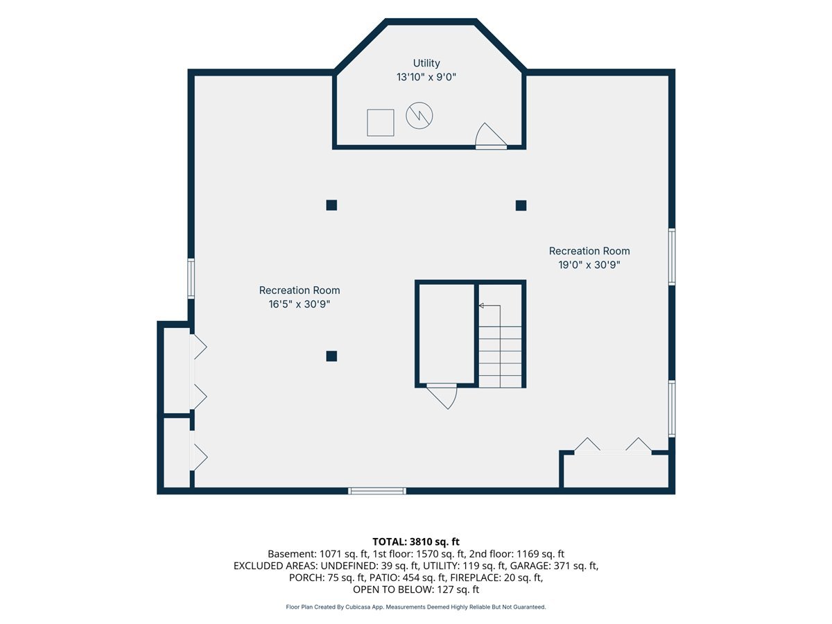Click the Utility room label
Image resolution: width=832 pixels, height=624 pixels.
[x=426, y=63]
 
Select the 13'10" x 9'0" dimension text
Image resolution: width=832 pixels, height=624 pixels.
[x=426, y=77]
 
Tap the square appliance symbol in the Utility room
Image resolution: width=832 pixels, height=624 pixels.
[x=380, y=123]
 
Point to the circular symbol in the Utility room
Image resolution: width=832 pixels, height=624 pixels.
[x=419, y=116]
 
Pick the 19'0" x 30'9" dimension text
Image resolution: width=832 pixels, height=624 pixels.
[x=589, y=265]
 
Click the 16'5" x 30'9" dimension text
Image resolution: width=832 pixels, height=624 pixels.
[x=300, y=304]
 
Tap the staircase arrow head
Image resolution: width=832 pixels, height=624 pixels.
[x=481, y=305]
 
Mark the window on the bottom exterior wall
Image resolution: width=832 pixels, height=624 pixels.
[x=377, y=491]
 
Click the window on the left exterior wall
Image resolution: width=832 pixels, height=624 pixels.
[x=191, y=279]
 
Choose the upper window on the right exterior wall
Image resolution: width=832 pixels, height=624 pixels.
[x=672, y=257]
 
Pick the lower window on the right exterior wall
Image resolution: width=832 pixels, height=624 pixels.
[x=672, y=409]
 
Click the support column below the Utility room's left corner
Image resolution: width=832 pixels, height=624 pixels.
[x=331, y=205]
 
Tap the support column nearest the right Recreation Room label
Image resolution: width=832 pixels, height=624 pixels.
[x=521, y=206]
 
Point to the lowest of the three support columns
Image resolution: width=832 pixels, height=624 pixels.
[x=331, y=356]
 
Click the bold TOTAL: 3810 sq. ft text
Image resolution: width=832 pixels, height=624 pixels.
[x=416, y=541]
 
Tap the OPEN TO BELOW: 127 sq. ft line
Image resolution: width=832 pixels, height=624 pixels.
[x=416, y=589]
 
